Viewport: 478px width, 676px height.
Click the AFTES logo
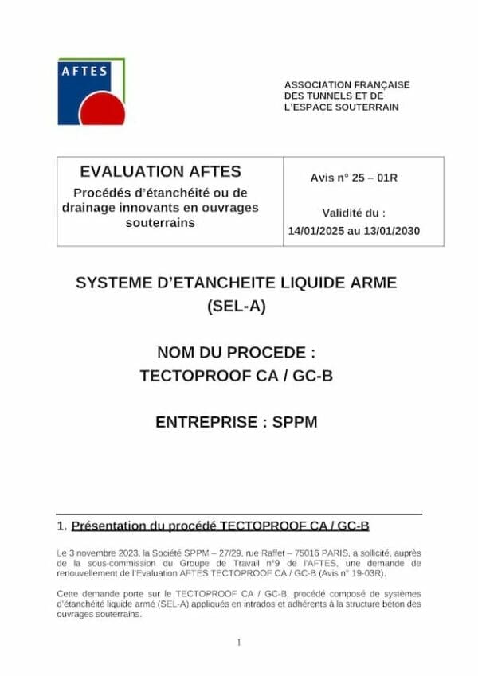point(91,91)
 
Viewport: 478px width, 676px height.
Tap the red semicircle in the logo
point(102,112)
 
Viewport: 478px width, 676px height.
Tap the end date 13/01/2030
point(393,231)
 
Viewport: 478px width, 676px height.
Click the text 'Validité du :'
point(354,213)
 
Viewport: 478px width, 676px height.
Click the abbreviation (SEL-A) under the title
point(235,304)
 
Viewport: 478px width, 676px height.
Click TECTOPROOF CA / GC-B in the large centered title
point(236,375)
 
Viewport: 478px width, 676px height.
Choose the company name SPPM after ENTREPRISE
point(296,422)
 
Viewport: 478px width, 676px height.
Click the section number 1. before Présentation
point(61,526)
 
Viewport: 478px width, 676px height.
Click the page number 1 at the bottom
point(239,643)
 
